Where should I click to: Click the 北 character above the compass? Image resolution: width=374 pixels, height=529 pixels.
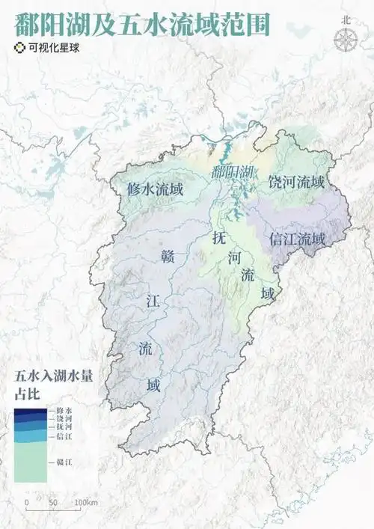pos(345,21)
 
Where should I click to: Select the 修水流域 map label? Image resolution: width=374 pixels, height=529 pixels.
pos(156,190)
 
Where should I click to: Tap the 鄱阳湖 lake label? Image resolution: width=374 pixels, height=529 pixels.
pos(232,172)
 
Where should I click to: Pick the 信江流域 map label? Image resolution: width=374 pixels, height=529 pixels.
pos(297,239)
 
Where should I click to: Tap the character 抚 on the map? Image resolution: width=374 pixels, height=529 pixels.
pos(218,240)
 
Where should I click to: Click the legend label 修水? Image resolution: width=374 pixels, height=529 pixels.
pos(62,411)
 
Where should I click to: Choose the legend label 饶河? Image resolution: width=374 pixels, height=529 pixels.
pos(62,419)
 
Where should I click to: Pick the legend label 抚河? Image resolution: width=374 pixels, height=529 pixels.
pos(62,426)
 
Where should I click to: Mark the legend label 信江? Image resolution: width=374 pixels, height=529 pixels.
pos(62,435)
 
